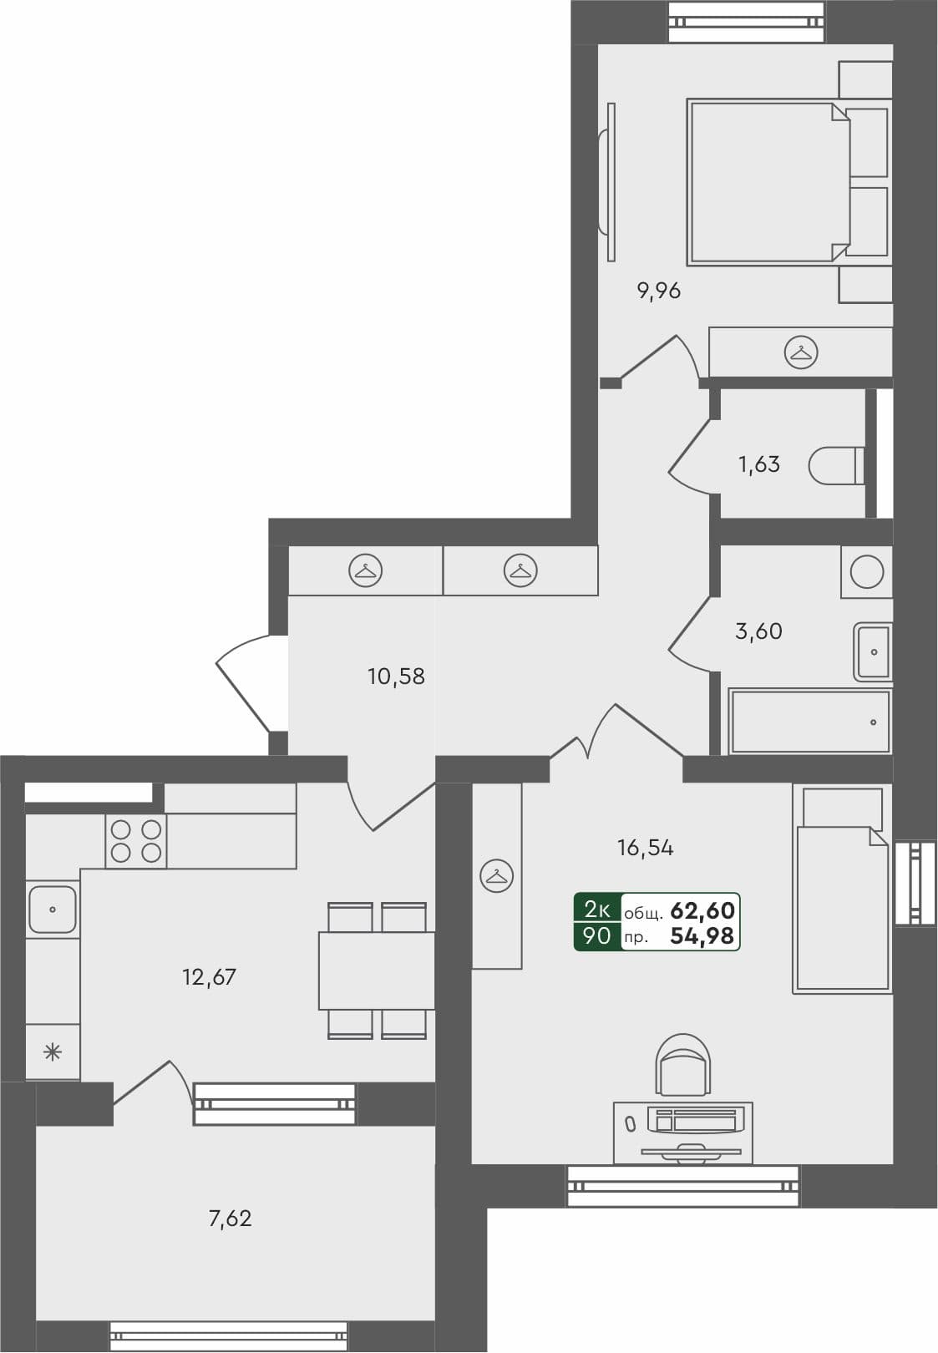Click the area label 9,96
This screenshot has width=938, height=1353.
click(x=659, y=291)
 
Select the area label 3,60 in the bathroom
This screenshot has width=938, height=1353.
click(x=758, y=631)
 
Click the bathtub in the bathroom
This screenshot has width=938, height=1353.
click(x=809, y=722)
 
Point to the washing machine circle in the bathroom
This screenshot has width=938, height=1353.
click(x=867, y=572)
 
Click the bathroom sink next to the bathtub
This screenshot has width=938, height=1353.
click(x=874, y=651)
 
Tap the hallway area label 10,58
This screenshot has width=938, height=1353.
click(x=396, y=676)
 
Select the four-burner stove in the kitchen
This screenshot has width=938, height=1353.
click(x=136, y=841)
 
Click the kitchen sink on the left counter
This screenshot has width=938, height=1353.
click(x=53, y=910)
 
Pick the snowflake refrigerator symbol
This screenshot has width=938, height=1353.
click(x=53, y=1052)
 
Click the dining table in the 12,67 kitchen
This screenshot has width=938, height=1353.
click(x=376, y=970)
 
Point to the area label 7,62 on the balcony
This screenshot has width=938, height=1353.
click(x=230, y=1219)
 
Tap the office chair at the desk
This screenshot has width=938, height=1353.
click(x=684, y=1065)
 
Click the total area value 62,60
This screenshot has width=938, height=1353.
click(x=702, y=910)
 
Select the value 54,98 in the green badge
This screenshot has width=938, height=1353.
click(x=702, y=936)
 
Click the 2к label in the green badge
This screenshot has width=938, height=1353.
click(x=597, y=909)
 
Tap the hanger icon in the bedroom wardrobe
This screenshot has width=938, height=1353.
click(x=801, y=352)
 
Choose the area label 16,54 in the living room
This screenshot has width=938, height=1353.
click(x=645, y=849)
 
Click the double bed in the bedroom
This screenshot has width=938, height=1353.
click(x=764, y=182)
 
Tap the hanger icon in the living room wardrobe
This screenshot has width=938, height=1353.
click(x=497, y=876)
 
